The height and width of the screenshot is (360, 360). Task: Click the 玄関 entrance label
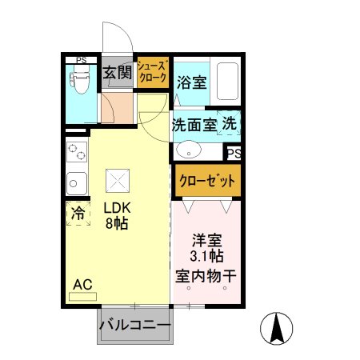117,74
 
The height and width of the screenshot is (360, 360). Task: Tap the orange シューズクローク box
152,73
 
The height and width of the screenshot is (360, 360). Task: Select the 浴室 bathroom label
192,82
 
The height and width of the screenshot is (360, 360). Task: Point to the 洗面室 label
194,126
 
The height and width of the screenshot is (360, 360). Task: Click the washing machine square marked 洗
229,125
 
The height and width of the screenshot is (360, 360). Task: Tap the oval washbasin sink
190,150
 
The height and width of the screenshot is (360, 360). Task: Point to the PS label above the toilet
81,60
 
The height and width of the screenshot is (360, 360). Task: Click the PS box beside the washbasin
233,153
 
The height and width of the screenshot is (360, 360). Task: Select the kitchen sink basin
76,183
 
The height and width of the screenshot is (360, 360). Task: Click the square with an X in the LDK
118,180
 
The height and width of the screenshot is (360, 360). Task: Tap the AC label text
82,284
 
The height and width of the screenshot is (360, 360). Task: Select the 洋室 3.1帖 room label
206,247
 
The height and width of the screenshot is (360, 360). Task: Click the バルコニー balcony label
134,326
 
